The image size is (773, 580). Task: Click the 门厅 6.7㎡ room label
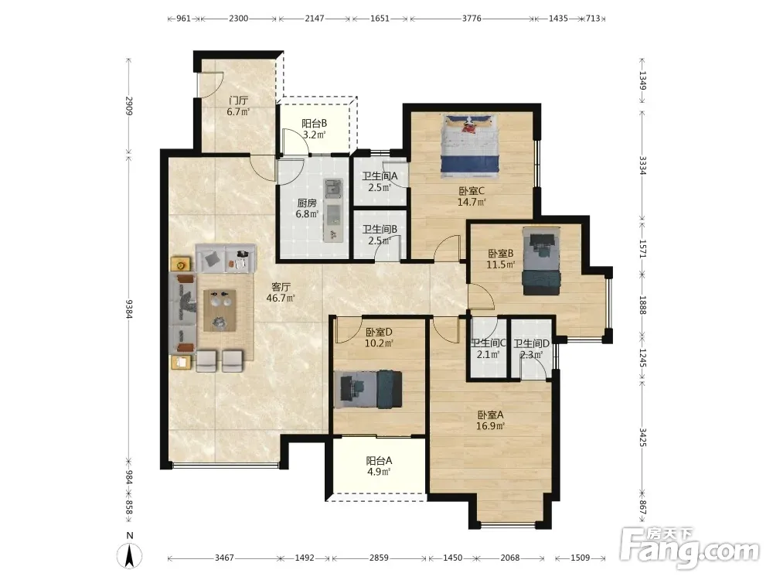click(239, 106)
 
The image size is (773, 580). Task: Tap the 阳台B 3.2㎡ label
click(314, 128)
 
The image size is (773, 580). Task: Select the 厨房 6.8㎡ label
click(307, 208)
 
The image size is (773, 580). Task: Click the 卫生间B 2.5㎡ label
click(380, 235)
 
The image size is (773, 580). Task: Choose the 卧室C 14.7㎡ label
click(472, 196)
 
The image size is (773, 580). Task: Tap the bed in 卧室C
click(470, 145)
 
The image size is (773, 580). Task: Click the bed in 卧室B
click(541, 261)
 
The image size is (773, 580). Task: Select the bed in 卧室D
click(368, 389)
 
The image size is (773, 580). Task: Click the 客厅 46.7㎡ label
click(281, 292)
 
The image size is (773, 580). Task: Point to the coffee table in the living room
click(220, 311)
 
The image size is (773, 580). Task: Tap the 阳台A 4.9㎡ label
click(379, 466)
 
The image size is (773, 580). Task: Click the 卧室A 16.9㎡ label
click(490, 420)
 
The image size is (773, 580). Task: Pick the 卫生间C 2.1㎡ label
click(488, 348)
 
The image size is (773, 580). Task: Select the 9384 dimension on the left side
click(129, 309)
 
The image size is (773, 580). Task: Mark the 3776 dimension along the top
click(472, 19)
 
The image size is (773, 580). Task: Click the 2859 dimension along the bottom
click(379, 558)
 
